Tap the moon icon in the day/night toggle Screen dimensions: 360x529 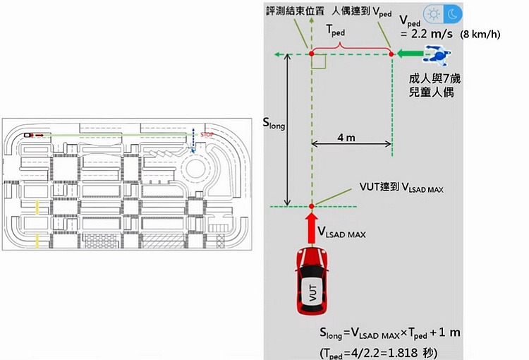tap(452, 13)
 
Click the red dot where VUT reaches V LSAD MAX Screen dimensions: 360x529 tap(311, 206)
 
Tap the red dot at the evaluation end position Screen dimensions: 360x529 tap(311, 54)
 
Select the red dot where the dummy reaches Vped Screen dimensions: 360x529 tap(391, 54)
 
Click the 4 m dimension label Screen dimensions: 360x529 tap(346, 138)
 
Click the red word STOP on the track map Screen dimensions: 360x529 tap(207, 133)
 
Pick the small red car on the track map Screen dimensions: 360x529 tap(28, 133)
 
